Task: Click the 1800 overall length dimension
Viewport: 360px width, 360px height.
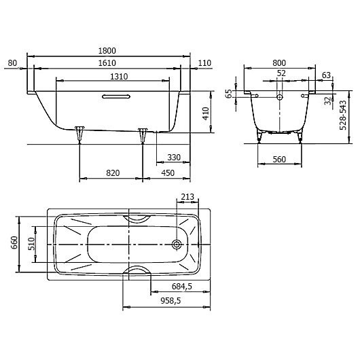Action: (107, 51)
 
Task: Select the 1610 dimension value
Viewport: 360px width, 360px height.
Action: (107, 63)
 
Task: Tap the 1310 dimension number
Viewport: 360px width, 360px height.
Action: (119, 77)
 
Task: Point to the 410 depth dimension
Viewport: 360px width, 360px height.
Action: (206, 113)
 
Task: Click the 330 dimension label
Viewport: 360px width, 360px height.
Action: (174, 158)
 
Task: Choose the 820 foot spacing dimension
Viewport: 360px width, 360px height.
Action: (113, 173)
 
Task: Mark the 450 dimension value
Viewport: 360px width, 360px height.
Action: (168, 173)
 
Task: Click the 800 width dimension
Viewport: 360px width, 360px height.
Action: (279, 63)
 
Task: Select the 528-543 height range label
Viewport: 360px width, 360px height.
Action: (343, 115)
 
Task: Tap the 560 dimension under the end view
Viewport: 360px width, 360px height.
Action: (279, 160)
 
